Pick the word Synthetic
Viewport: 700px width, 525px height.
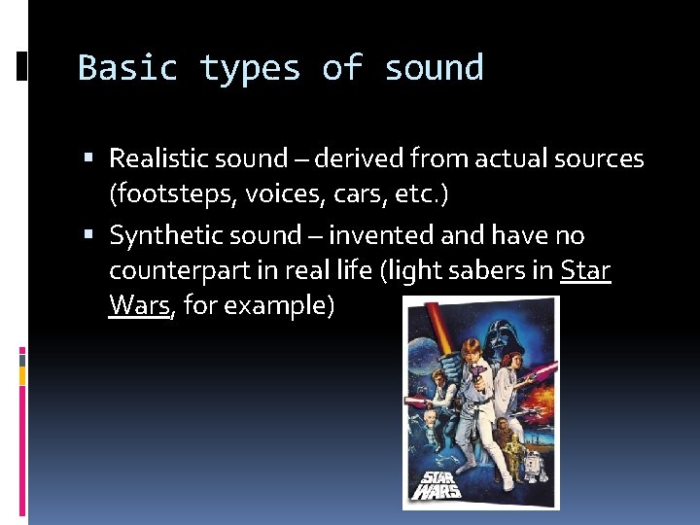point(164,235)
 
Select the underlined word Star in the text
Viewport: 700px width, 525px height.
point(585,270)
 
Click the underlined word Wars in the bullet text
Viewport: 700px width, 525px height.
point(140,305)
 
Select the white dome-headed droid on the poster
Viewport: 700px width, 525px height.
point(530,472)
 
